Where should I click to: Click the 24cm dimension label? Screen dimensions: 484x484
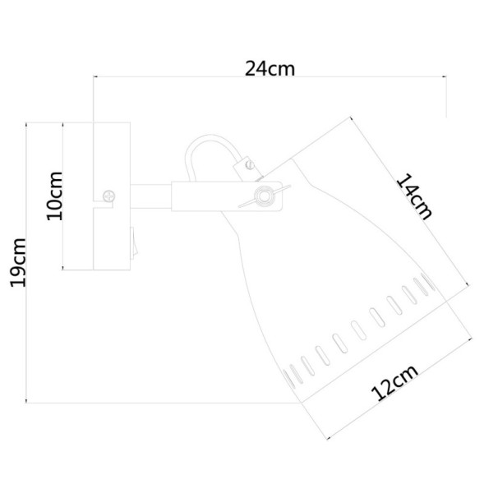pyautogui.click(x=270, y=68)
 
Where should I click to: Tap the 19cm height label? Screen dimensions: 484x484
pyautogui.click(x=18, y=261)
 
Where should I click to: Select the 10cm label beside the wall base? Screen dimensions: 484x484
pyautogui.click(x=53, y=195)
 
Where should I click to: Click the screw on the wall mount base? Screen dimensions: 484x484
pyautogui.click(x=109, y=196)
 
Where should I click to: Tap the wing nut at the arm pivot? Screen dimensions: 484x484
pyautogui.click(x=263, y=195)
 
